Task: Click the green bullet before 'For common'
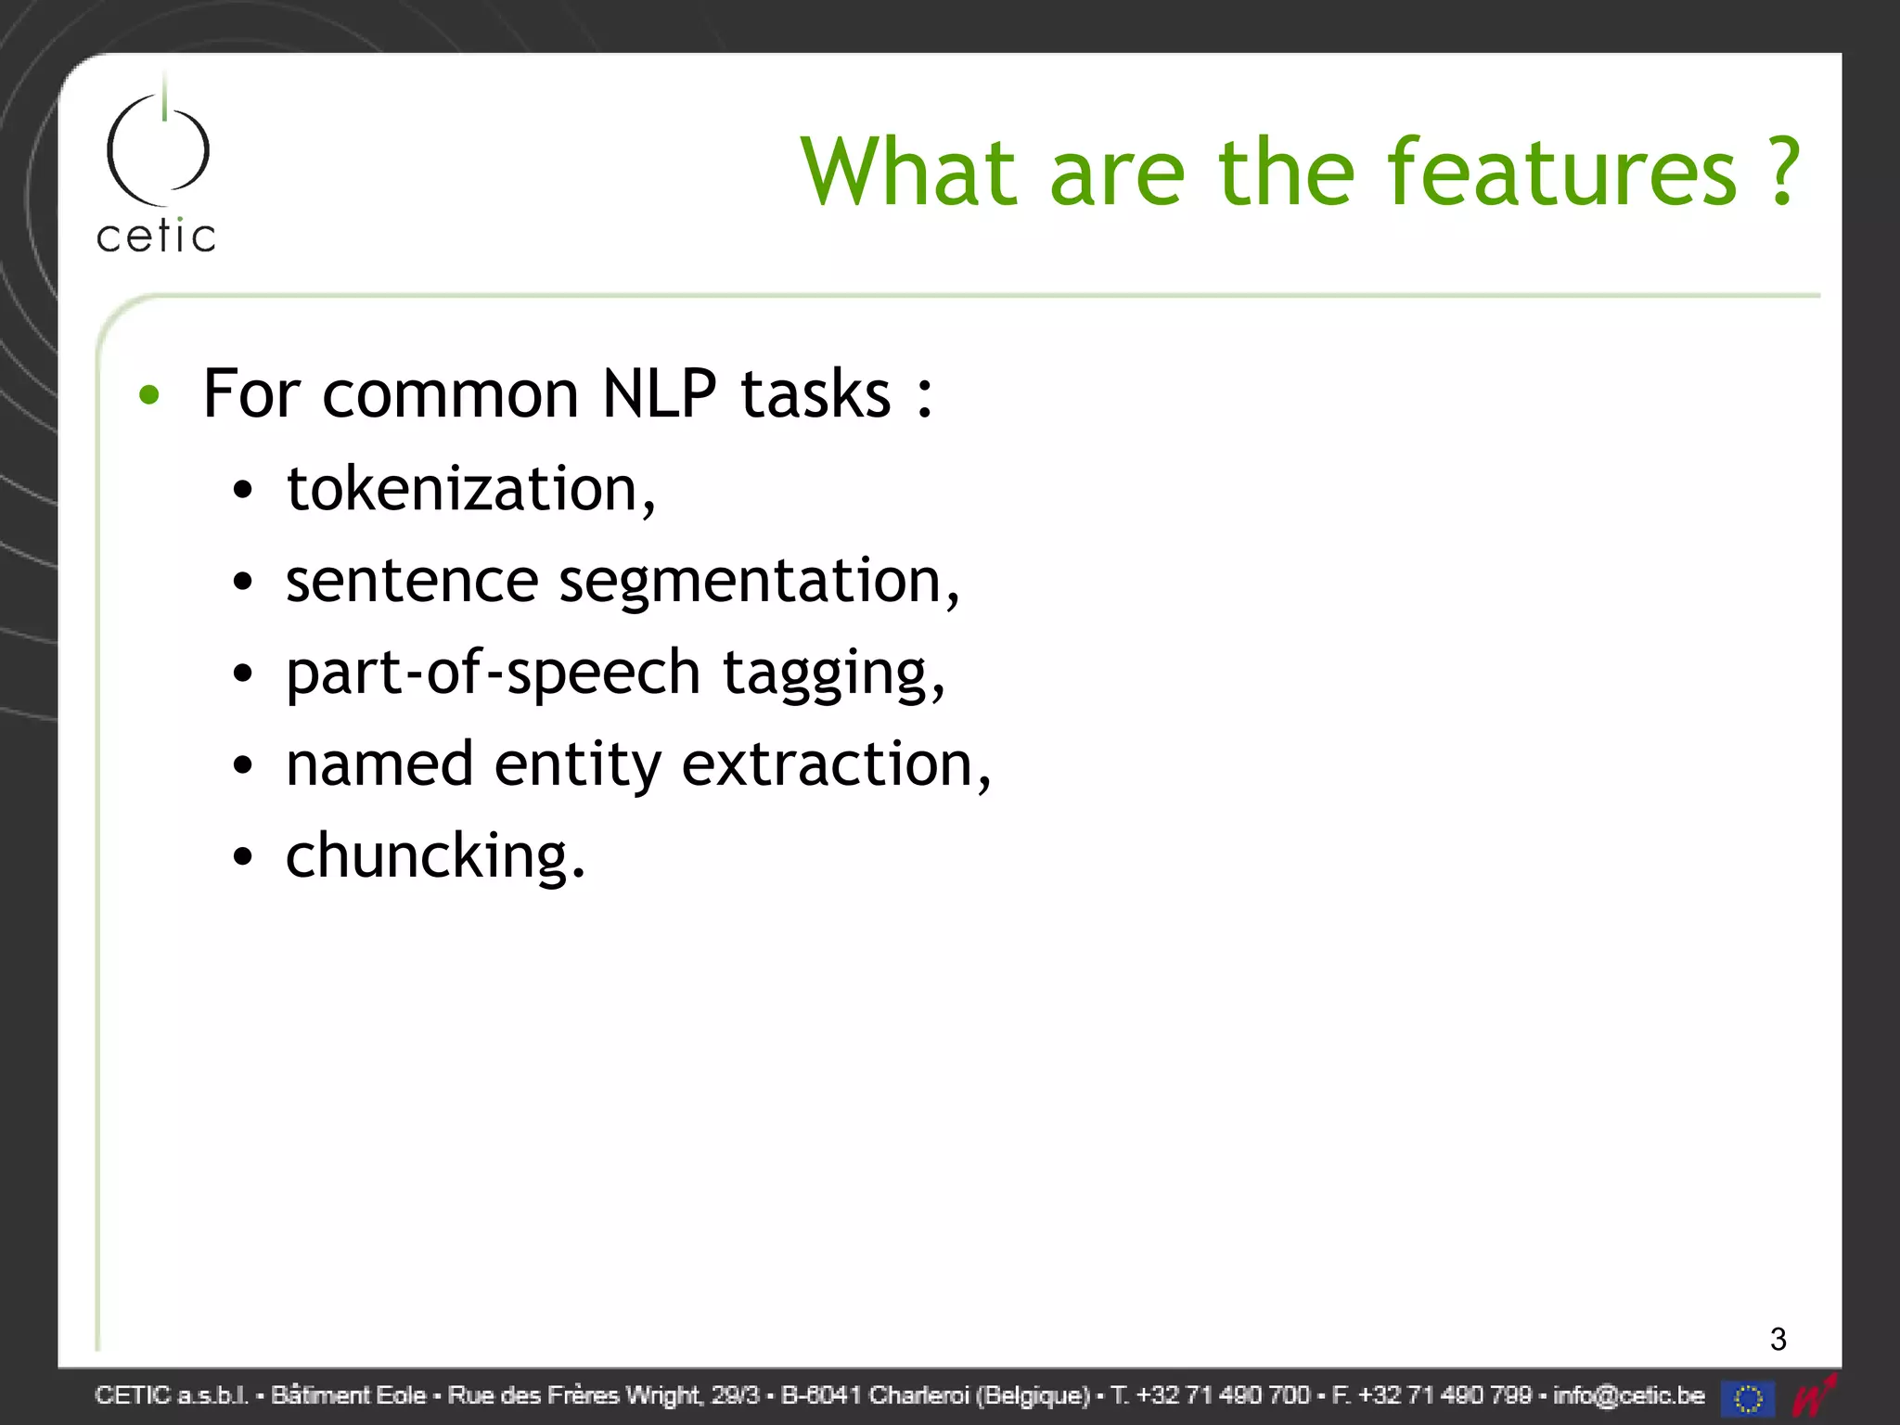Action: pyautogui.click(x=149, y=395)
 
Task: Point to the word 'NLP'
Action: pyautogui.click(x=659, y=394)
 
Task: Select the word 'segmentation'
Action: pyautogui.click(x=751, y=581)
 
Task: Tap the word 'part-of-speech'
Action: pyautogui.click(x=493, y=673)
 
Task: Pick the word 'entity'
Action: pyautogui.click(x=577, y=764)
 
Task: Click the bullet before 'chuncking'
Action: pyautogui.click(x=243, y=856)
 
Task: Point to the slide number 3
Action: pyautogui.click(x=1778, y=1339)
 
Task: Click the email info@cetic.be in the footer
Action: pyautogui.click(x=1628, y=1395)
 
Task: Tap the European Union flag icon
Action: pyautogui.click(x=1748, y=1397)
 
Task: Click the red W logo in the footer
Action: pyautogui.click(x=1814, y=1395)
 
